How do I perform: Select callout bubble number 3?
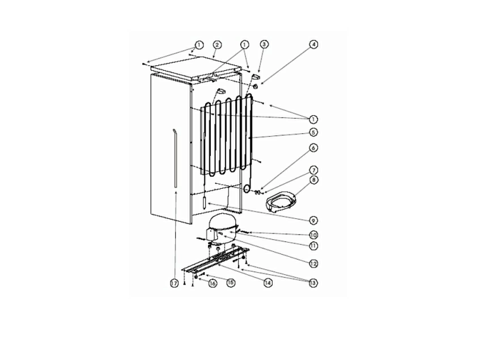click(264, 44)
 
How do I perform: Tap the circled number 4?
click(313, 44)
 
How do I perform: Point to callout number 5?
click(313, 132)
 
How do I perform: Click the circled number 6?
click(313, 148)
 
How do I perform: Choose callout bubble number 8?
click(313, 180)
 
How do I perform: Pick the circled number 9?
click(313, 221)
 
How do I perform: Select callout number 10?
click(313, 235)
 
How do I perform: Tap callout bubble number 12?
click(313, 263)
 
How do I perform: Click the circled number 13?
click(312, 283)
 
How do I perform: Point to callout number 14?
click(267, 283)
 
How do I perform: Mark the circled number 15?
click(231, 282)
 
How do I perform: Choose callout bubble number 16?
click(213, 283)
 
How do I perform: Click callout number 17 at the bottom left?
click(174, 283)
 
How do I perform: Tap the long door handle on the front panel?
click(175, 158)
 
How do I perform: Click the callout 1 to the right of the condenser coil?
click(313, 119)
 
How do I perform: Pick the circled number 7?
click(313, 170)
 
